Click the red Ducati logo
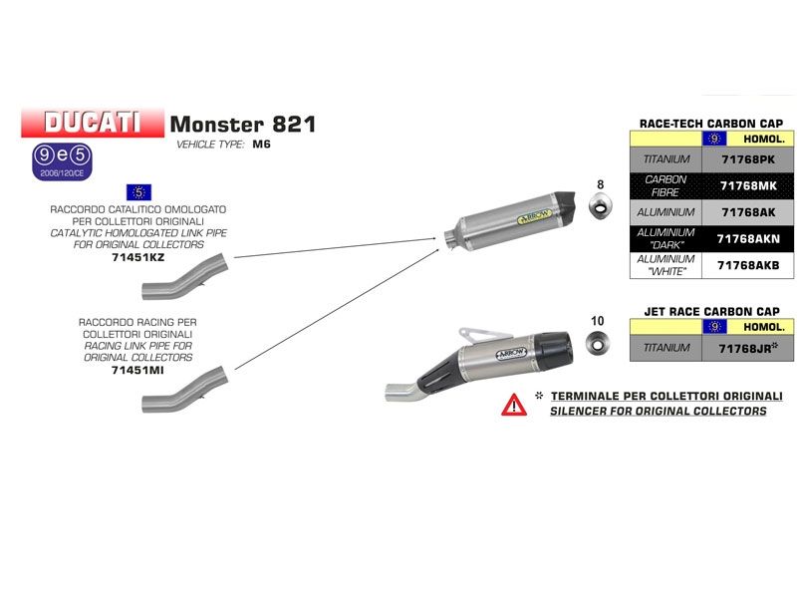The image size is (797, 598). click(93, 123)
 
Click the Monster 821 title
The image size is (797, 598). click(243, 125)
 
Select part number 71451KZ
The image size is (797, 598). click(138, 257)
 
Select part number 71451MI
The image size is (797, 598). click(138, 369)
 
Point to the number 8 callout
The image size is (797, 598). click(600, 184)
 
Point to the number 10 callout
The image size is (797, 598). click(598, 320)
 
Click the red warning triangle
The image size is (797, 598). click(514, 404)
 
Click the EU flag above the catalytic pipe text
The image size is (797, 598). click(138, 191)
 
